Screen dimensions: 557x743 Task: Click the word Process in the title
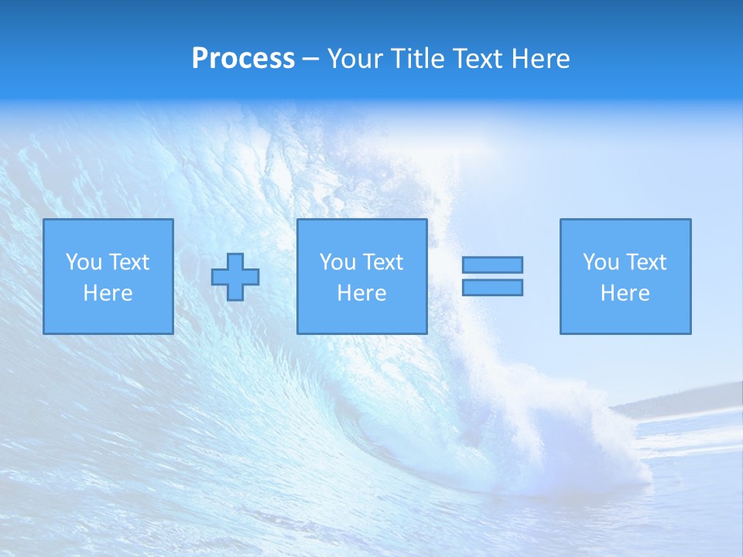tap(243, 59)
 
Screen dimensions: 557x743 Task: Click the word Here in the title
tap(542, 59)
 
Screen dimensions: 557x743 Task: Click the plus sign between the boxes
tap(235, 277)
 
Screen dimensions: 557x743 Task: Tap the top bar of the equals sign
tap(492, 265)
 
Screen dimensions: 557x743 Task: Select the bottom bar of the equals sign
tap(492, 287)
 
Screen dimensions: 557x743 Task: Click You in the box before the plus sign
tap(84, 262)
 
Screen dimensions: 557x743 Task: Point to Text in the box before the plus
tap(128, 262)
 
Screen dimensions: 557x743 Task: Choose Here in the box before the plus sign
tap(108, 293)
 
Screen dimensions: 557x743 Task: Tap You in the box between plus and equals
tap(337, 262)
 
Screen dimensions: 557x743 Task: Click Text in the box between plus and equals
tap(382, 262)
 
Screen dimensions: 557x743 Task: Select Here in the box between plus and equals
tap(361, 293)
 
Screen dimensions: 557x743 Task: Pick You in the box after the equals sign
tap(601, 262)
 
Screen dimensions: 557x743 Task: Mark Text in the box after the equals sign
tap(645, 262)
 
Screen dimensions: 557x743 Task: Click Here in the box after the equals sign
tap(625, 293)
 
